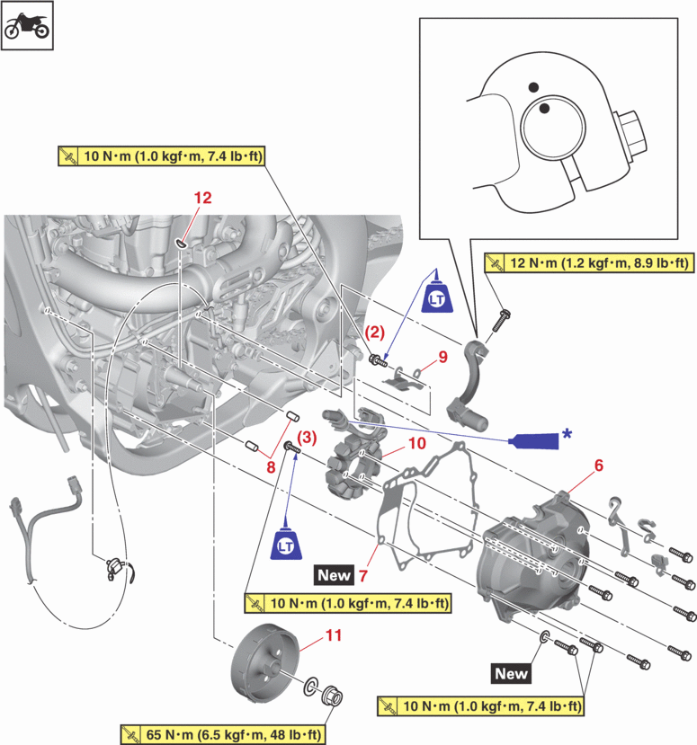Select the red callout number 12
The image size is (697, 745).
(x=203, y=197)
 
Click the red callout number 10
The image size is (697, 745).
(x=416, y=443)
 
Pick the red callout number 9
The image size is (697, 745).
(x=442, y=358)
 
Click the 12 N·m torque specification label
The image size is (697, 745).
(x=587, y=263)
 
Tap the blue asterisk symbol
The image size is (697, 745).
(x=567, y=433)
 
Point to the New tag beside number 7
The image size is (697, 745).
(x=333, y=572)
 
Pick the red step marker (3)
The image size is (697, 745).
(x=308, y=439)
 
